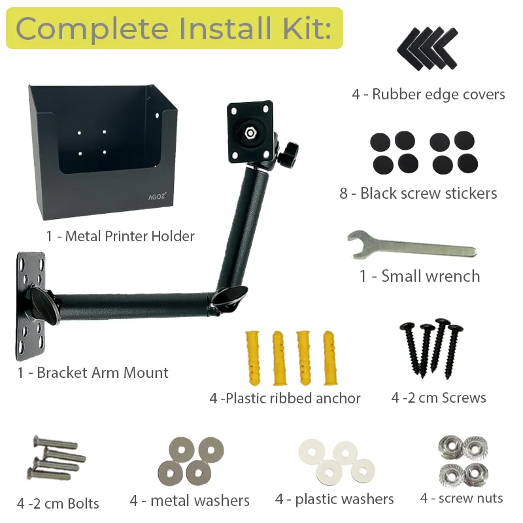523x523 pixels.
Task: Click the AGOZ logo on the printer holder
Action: click(157, 196)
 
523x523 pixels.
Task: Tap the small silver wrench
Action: click(412, 246)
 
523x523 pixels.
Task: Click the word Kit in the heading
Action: click(307, 29)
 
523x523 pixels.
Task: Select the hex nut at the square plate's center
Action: click(250, 133)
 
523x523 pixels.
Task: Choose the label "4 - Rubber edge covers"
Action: click(428, 94)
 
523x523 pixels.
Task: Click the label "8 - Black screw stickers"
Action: click(418, 193)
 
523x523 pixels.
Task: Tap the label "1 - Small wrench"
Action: click(420, 276)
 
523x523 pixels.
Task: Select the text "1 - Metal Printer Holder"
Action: click(120, 236)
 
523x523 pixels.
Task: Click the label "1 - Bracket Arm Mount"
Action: click(93, 373)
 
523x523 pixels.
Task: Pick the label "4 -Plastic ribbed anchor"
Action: click(285, 398)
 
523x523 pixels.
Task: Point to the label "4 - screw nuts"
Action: click(462, 498)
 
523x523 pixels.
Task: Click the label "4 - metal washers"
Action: click(190, 501)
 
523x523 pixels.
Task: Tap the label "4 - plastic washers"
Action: click(334, 499)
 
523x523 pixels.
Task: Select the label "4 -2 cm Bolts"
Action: click(58, 503)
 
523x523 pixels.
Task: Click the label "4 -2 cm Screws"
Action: click(439, 397)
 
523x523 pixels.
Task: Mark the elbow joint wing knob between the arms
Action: click(230, 297)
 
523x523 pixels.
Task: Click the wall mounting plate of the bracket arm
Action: click(31, 306)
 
